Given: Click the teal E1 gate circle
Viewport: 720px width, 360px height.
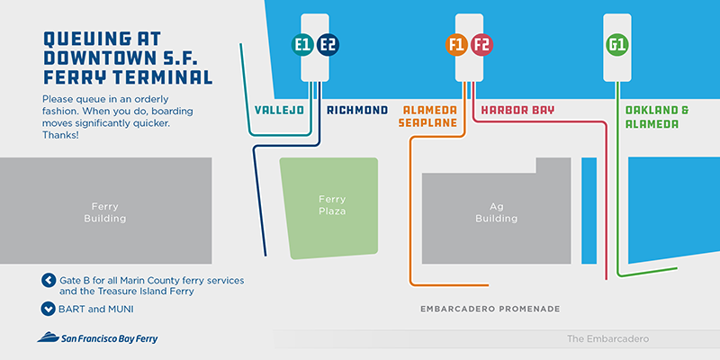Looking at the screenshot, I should pos(303,43).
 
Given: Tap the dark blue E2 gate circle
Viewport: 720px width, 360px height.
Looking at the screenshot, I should pos(328,43).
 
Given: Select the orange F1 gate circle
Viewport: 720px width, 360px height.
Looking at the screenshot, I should pos(457,43).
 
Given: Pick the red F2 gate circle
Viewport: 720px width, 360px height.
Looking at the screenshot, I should pos(481,43).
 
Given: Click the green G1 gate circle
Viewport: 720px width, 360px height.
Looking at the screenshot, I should pos(617,43).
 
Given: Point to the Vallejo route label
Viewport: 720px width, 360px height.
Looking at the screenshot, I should pos(280,111).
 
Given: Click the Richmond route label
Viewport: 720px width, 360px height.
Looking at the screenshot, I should pos(357,111).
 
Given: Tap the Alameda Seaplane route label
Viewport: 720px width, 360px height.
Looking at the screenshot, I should pos(429,117).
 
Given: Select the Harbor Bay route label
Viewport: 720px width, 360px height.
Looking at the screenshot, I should pos(517,111).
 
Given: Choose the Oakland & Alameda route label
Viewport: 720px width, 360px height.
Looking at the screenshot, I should pos(657,117).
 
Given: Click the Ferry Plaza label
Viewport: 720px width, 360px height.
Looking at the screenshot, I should pos(332,205).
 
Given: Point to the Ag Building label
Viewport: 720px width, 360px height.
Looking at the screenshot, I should pos(497,211).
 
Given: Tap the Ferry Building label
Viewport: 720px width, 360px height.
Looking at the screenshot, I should pos(104,211).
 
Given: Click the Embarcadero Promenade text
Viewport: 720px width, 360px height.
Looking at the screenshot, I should pos(490,310).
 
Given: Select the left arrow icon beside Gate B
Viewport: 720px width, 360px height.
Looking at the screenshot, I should pos(49,280).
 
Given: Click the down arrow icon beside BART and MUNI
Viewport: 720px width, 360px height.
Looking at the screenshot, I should pos(49,309).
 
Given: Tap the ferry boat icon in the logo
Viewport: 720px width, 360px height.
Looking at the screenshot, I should pos(47,338).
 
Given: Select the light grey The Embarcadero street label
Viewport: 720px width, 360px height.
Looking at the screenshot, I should pos(607,339).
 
